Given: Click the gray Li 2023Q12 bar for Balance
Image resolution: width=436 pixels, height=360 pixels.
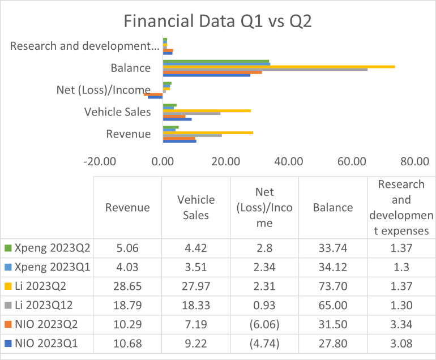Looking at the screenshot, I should point(265,69).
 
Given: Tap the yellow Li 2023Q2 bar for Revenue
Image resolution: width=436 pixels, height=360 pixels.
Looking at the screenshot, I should point(208,132).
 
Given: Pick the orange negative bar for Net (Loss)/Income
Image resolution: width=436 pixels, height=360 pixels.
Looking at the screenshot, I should point(153,94).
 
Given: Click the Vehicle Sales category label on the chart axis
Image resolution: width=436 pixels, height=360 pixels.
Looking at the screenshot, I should point(117,112).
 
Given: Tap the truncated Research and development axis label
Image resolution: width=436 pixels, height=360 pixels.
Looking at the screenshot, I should point(80,46).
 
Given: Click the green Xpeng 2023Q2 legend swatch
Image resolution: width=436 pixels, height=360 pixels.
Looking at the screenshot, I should point(8,248).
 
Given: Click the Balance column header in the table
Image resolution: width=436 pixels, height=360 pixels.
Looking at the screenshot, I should point(333,208).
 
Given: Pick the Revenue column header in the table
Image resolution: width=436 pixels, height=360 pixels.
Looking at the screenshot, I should point(127,208).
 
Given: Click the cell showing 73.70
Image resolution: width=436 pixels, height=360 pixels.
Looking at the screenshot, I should point(333,285).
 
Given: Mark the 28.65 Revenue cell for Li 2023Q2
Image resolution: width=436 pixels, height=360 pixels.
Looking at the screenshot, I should point(127,285).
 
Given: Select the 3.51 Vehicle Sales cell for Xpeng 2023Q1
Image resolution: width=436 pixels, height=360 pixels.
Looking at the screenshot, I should point(196,267).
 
